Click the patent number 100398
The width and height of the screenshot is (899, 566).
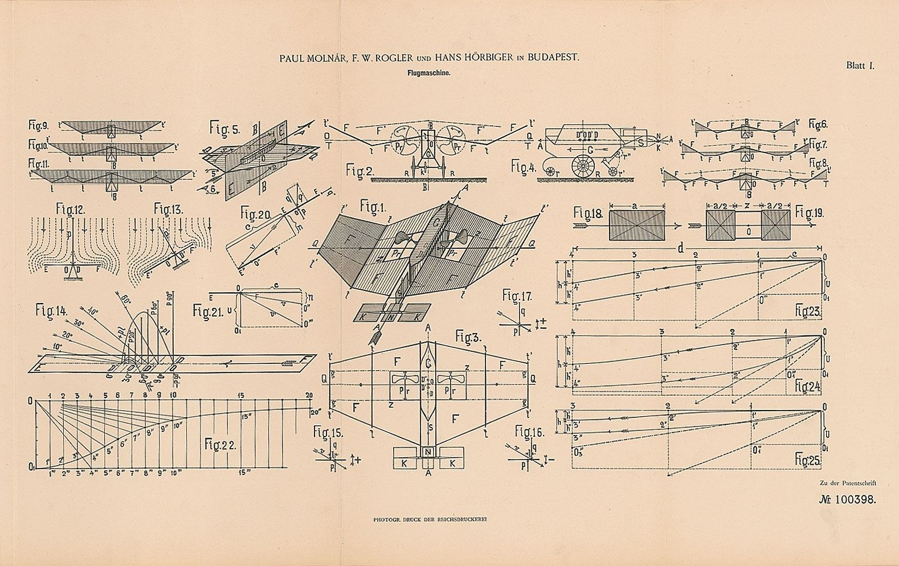[x=853, y=499]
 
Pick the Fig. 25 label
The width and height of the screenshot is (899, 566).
[x=808, y=456]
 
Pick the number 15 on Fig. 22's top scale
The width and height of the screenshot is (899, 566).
[x=242, y=395]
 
